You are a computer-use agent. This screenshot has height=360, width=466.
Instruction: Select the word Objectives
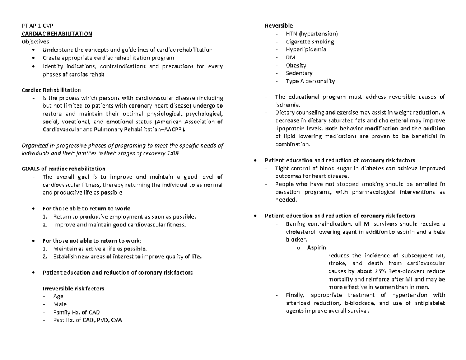tap(35, 42)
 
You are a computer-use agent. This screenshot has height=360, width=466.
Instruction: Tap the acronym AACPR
tap(174, 129)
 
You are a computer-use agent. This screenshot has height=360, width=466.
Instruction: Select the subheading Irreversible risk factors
tap(73, 289)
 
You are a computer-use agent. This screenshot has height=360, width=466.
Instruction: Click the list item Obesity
tap(296, 66)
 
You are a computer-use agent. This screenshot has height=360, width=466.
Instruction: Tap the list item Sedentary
tap(299, 73)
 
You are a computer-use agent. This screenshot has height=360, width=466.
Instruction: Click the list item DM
tap(290, 57)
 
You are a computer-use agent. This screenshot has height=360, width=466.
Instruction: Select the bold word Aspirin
tap(316, 247)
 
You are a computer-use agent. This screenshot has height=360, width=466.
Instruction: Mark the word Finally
tap(296, 295)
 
